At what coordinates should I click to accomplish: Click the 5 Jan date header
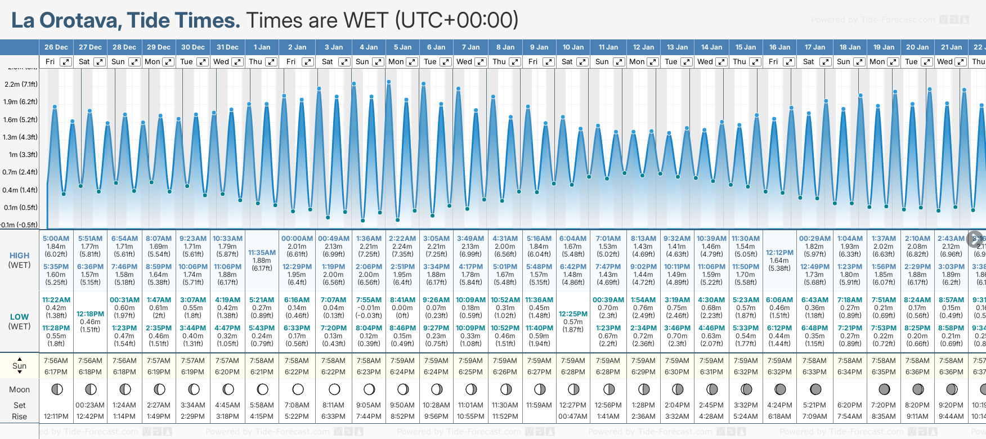[x=402, y=47]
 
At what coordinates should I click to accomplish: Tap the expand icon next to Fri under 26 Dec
[x=66, y=62]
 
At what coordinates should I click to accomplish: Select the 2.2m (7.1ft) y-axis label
[x=21, y=84]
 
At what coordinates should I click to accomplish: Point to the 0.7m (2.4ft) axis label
[x=21, y=172]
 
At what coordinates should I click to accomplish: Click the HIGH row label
[x=20, y=256]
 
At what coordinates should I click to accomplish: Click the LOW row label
[x=20, y=317]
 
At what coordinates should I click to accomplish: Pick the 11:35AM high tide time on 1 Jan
[x=262, y=253]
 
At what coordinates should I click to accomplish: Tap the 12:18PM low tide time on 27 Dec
[x=90, y=314]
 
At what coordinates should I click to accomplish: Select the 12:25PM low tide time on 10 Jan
[x=573, y=314]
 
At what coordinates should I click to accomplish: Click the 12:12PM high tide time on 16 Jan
[x=779, y=253]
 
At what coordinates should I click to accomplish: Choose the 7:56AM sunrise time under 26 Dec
[x=56, y=361]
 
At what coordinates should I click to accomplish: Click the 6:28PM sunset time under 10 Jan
[x=573, y=372]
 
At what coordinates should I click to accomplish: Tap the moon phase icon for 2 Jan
[x=298, y=389]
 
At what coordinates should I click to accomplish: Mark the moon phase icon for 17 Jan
[x=815, y=389]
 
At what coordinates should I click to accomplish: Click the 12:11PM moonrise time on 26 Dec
[x=56, y=416]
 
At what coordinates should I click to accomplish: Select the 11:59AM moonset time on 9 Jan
[x=539, y=405]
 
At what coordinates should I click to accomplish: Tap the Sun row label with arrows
[x=20, y=366]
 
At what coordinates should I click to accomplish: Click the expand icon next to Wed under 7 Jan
[x=481, y=62]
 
